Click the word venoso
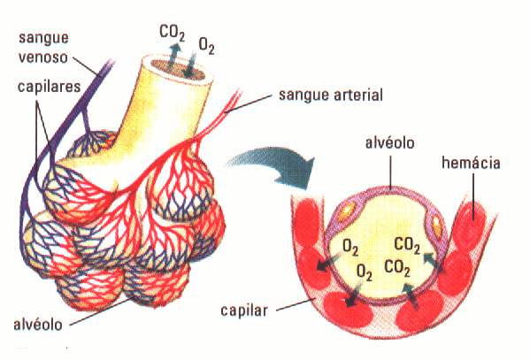[43, 57]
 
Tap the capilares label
[49, 87]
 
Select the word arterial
[358, 95]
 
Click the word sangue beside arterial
[304, 96]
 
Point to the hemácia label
[471, 163]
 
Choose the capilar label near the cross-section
[244, 310]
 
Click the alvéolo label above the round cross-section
[389, 142]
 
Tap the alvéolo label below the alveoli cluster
[38, 325]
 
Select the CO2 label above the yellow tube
[172, 33]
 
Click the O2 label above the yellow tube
[206, 46]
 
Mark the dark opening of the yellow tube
[181, 70]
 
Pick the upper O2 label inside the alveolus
[350, 247]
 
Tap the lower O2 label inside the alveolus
[365, 272]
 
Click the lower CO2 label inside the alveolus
[397, 268]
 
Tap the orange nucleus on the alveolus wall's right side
[437, 226]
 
